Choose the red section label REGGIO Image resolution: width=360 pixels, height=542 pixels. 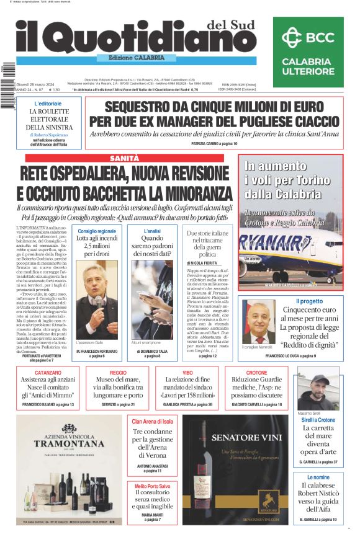click(118, 373)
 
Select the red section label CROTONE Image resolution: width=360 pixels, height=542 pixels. click(256, 373)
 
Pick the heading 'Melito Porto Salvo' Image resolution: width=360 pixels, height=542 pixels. click(151, 486)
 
